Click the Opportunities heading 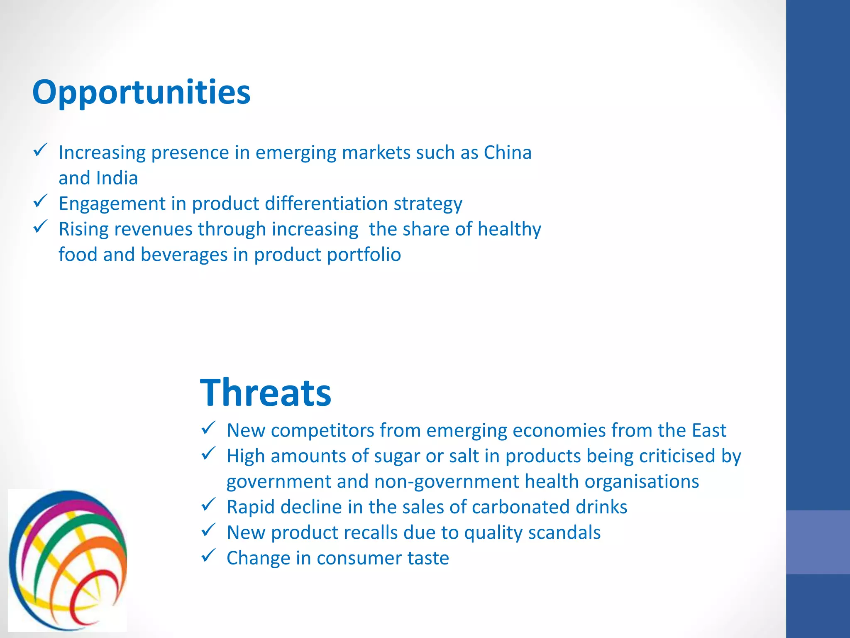[x=141, y=92]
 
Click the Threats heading [x=266, y=393]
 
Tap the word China [x=507, y=152]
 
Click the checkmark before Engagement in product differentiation [x=40, y=201]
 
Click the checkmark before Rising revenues [x=40, y=227]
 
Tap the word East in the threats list [x=708, y=430]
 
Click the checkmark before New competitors [x=208, y=428]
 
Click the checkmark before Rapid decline [x=208, y=505]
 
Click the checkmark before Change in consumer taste [x=208, y=556]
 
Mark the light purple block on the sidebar [x=818, y=542]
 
